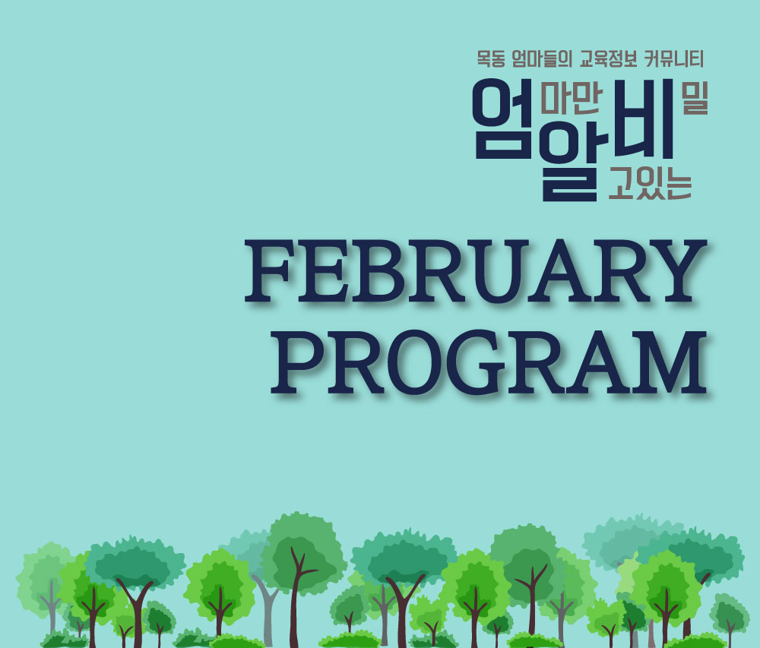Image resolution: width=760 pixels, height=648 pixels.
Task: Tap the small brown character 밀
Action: [x=691, y=100]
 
